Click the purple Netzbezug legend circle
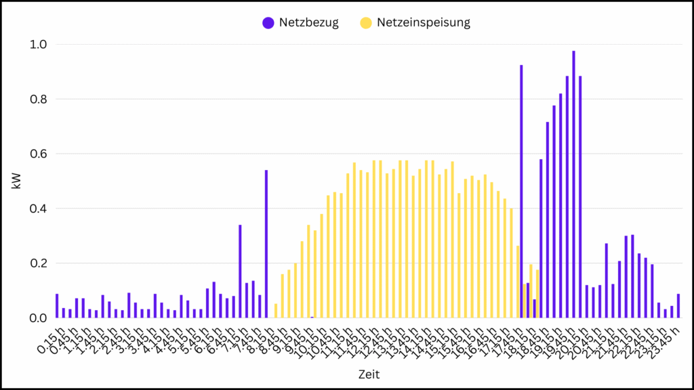click(x=268, y=22)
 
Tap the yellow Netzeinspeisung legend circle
click(x=366, y=22)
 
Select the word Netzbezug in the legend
click(x=308, y=22)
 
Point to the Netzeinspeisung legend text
click(x=424, y=22)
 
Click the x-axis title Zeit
click(x=369, y=374)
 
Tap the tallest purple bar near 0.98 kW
click(x=573, y=184)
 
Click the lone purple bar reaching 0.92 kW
click(x=521, y=191)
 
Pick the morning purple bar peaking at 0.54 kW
click(x=266, y=244)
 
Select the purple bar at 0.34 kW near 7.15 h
click(x=240, y=271)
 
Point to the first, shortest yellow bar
click(x=276, y=311)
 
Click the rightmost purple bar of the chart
click(x=678, y=305)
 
